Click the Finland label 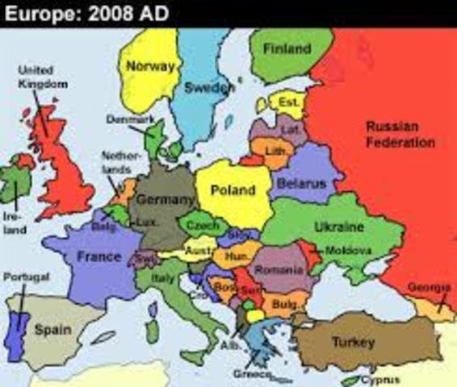coord(287,48)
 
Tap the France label coord(98,257)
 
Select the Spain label coord(52,329)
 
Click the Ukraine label coord(339,227)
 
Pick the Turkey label coord(354,343)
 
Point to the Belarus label coord(301,184)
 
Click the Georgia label coord(430,288)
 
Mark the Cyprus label coord(379,380)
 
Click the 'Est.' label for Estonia coord(288,102)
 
